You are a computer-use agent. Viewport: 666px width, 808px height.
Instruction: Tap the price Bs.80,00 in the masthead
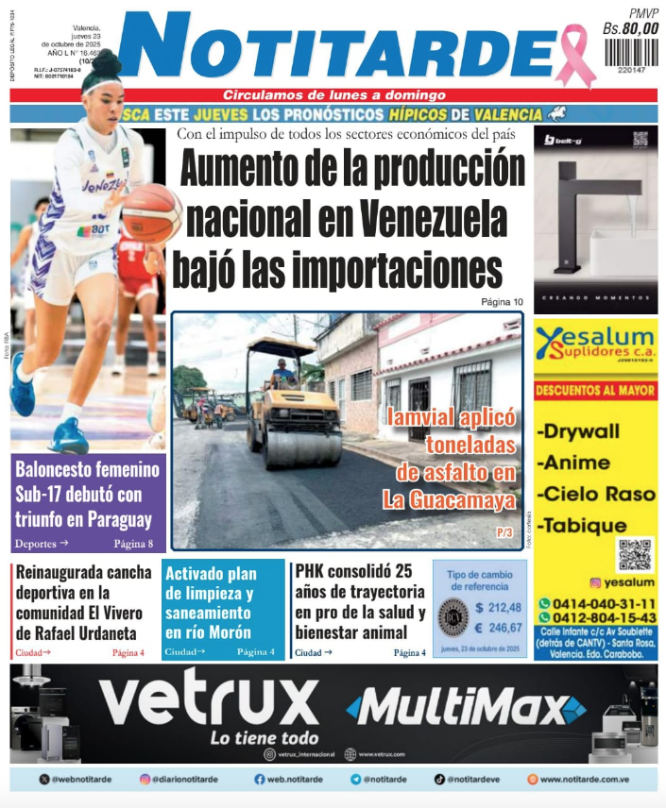click(x=630, y=29)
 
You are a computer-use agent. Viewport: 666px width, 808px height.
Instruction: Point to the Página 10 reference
click(x=502, y=302)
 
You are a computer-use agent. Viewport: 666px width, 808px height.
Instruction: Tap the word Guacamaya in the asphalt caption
click(x=468, y=500)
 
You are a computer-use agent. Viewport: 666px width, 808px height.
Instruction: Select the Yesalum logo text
click(x=596, y=338)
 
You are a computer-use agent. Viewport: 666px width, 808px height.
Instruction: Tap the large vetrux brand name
click(x=209, y=701)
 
